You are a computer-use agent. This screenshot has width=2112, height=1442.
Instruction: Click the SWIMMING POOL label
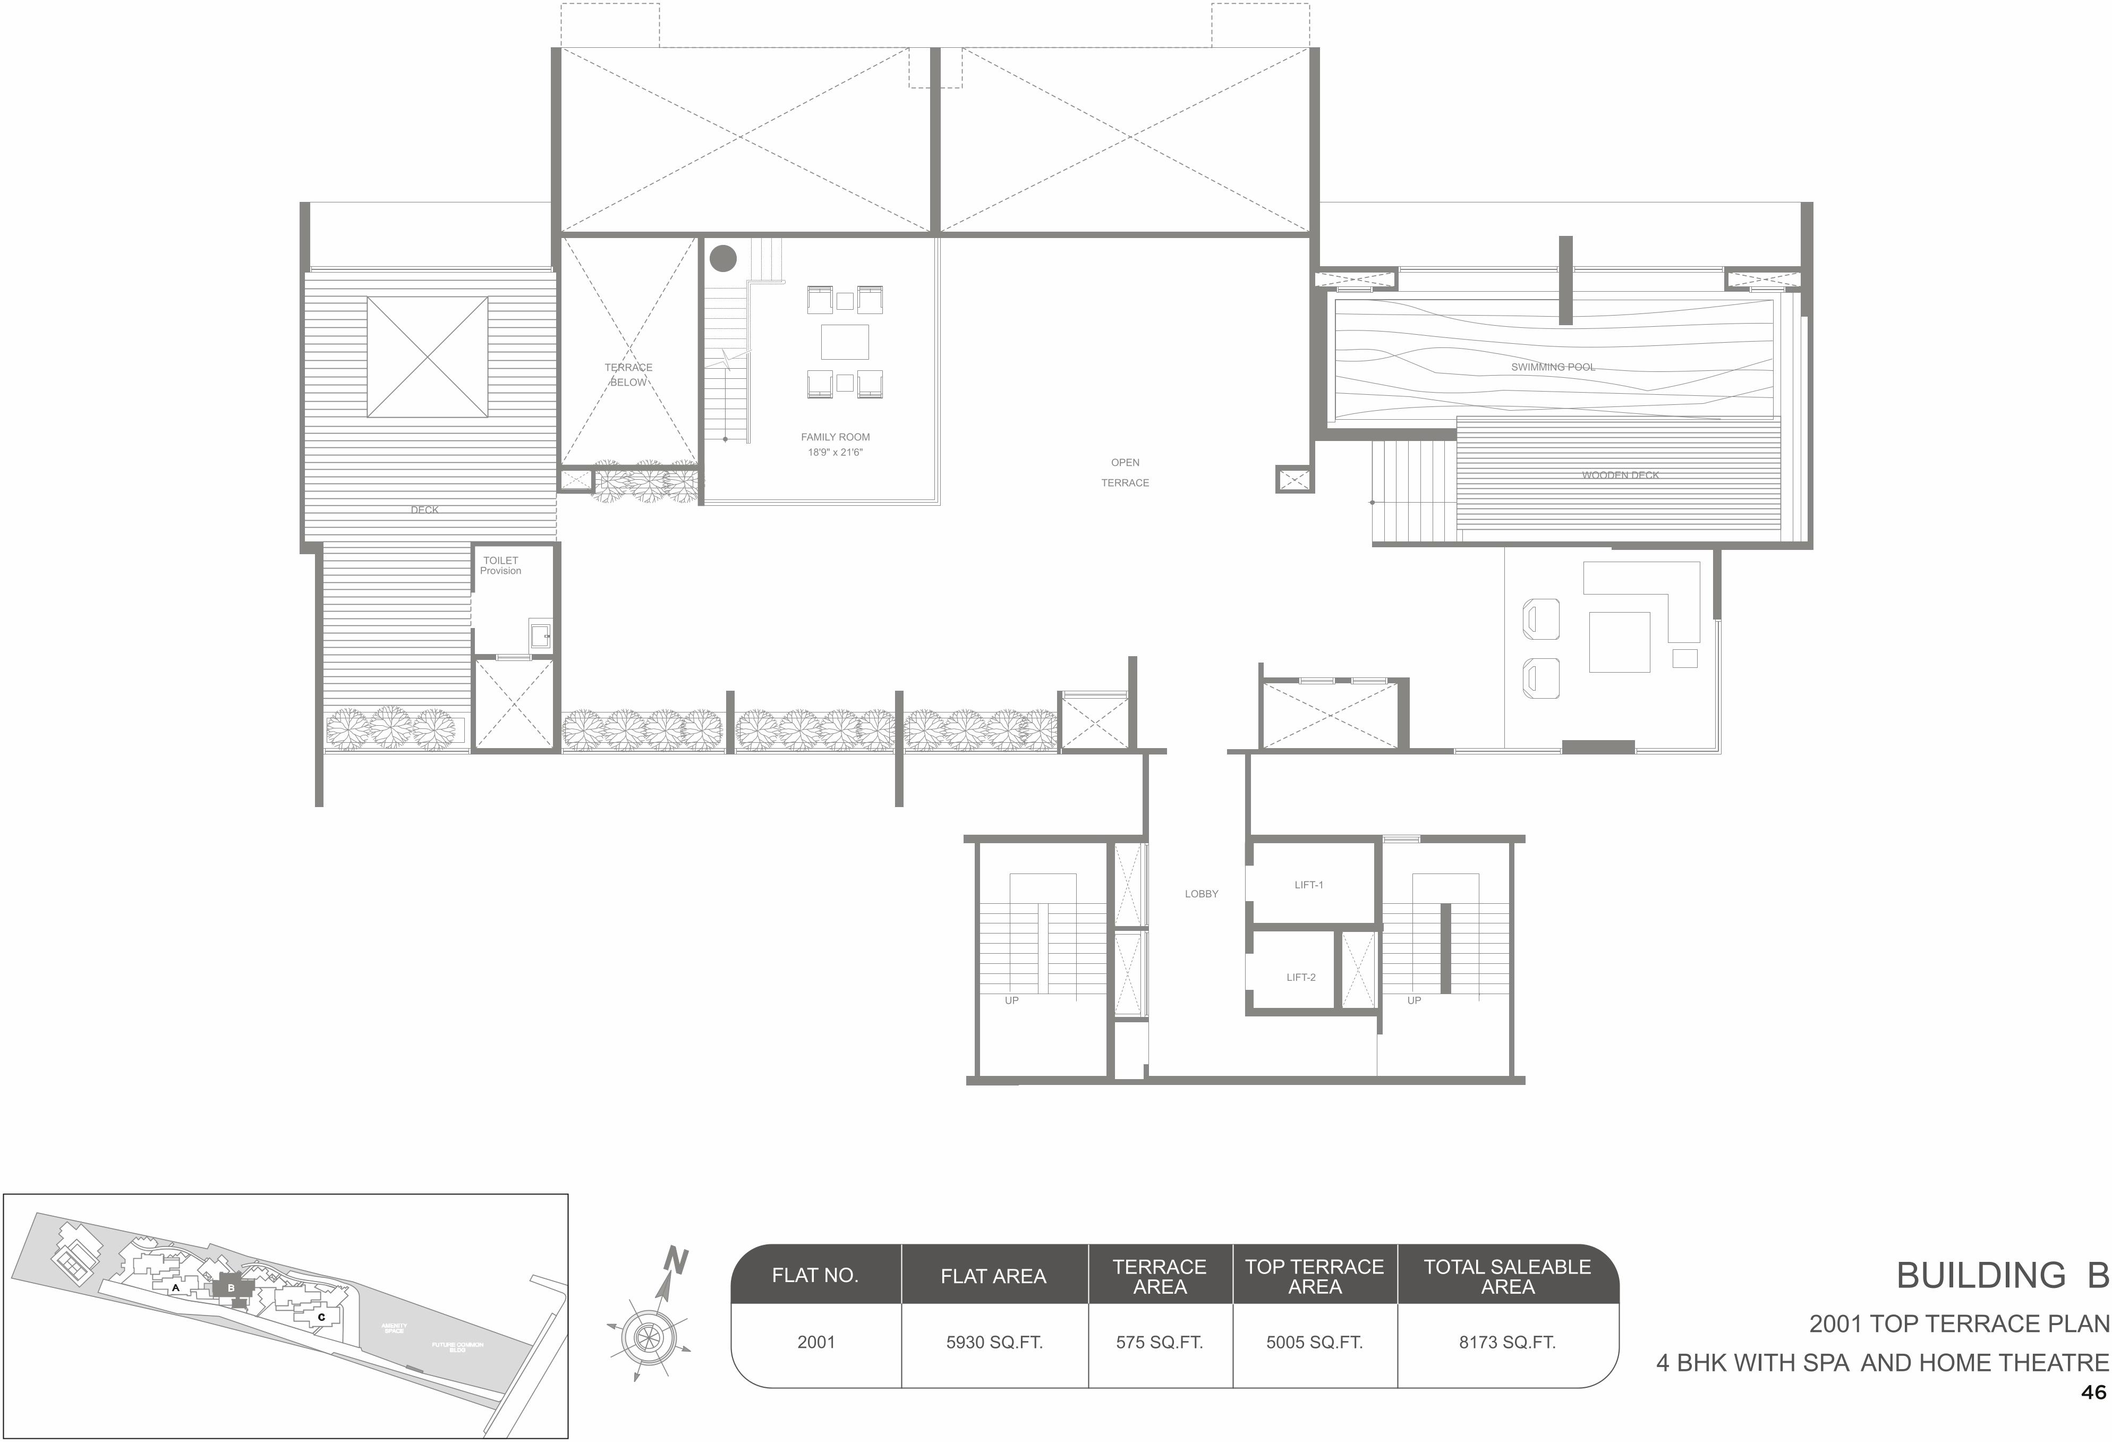[1552, 367]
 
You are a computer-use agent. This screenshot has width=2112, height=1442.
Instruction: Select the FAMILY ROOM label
[835, 437]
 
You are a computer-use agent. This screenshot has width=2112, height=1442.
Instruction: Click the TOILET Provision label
[501, 565]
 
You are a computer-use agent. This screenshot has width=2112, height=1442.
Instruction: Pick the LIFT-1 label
[1309, 885]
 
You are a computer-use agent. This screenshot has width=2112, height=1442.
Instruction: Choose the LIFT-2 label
[1300, 978]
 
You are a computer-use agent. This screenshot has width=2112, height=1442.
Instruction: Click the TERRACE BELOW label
[628, 375]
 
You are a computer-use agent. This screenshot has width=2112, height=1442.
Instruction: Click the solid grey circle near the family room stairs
[722, 258]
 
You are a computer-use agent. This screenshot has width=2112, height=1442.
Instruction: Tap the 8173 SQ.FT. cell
[1507, 1342]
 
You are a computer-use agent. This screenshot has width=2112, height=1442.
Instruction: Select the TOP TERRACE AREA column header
[1314, 1277]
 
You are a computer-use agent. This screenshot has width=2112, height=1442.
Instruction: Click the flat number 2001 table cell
[815, 1342]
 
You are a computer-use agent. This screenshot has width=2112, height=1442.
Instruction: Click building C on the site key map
[321, 1317]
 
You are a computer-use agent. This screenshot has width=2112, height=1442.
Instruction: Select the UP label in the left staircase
[1011, 1000]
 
